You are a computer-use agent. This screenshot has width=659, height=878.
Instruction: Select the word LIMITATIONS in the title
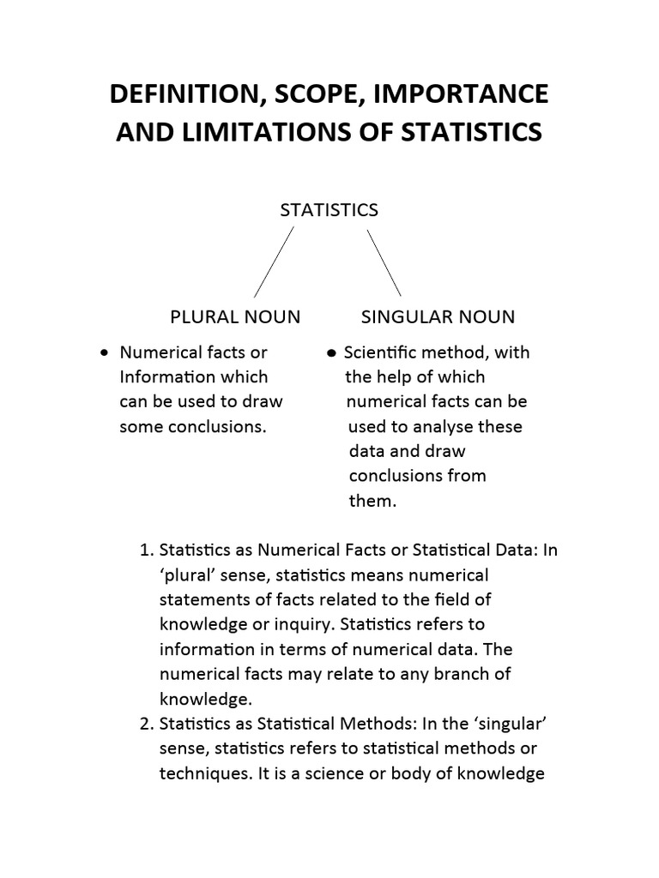click(248, 133)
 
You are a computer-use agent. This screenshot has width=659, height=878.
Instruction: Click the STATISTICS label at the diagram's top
click(329, 210)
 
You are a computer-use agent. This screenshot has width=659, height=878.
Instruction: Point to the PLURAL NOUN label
click(235, 317)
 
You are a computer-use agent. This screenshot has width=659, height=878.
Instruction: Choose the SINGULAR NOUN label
click(438, 317)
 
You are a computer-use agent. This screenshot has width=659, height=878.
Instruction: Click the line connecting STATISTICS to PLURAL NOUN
click(274, 262)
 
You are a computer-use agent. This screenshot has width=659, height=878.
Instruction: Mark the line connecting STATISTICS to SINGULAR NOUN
click(384, 262)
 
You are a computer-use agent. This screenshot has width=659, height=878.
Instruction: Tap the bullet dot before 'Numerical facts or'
click(104, 352)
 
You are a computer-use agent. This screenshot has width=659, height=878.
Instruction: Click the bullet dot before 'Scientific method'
click(331, 353)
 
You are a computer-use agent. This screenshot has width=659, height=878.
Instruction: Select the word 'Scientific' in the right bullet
click(381, 352)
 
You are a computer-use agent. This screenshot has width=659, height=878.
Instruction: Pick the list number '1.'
click(145, 550)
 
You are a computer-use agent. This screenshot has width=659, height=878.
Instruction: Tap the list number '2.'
click(145, 724)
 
